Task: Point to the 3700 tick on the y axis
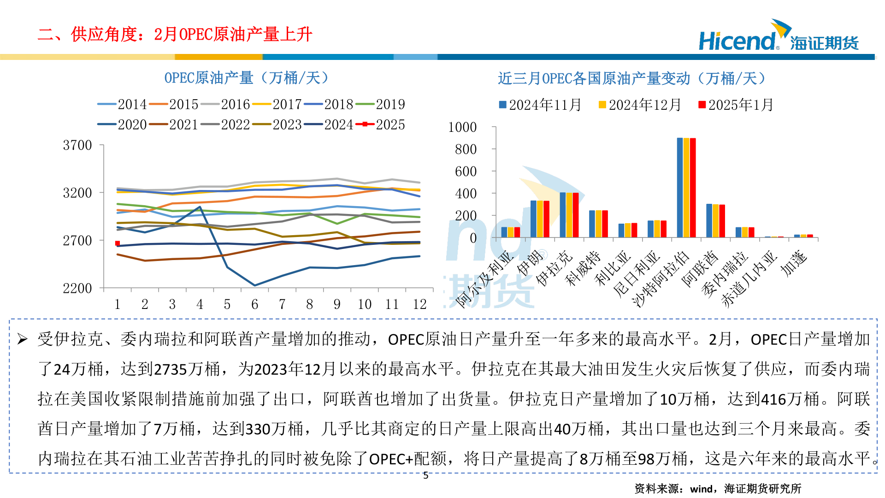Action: (x=77, y=145)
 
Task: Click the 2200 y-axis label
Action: (x=77, y=288)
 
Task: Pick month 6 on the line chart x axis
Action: (x=254, y=304)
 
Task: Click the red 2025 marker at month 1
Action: (x=118, y=243)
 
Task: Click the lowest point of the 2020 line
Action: (x=255, y=285)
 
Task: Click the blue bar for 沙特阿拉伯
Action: (x=680, y=187)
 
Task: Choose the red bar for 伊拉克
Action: (x=576, y=215)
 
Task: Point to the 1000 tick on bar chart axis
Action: (x=462, y=127)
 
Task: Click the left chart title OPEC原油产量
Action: (x=247, y=78)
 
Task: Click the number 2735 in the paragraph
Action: (x=170, y=369)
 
